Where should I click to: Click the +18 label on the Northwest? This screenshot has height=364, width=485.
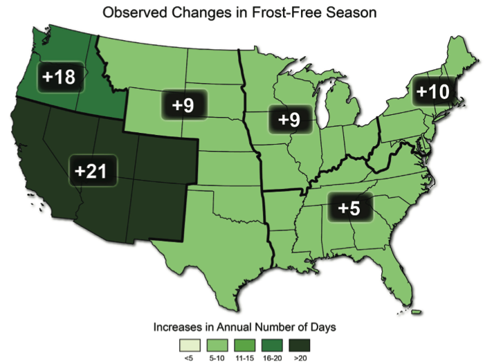(x=59, y=77)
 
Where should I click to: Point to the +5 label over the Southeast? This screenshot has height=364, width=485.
(x=349, y=207)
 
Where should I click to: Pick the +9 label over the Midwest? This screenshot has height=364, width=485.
(x=289, y=118)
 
